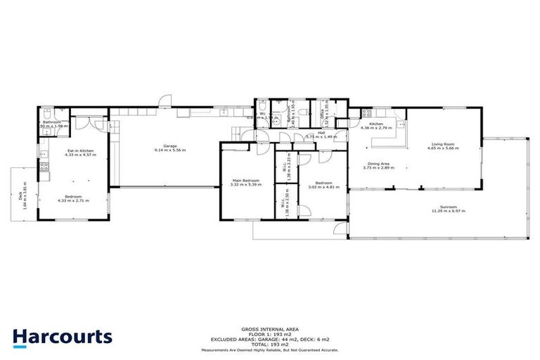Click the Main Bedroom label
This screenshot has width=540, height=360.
point(245,181)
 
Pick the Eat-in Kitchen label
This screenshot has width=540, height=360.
point(81,150)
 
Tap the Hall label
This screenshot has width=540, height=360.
point(321,132)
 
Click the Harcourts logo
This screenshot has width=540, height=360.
point(62,337)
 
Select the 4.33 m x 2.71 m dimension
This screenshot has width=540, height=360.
point(74,201)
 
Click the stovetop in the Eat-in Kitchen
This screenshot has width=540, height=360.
point(44,167)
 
